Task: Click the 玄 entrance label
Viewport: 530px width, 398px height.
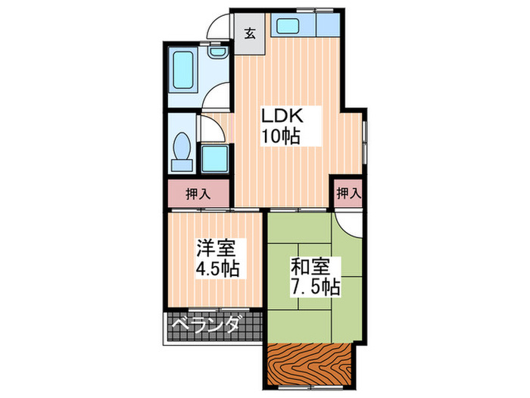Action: click(x=248, y=33)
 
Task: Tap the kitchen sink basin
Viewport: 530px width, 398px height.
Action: click(x=288, y=26)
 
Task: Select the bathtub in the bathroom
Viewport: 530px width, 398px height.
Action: click(x=182, y=71)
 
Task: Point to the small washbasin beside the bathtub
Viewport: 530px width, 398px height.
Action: click(x=217, y=52)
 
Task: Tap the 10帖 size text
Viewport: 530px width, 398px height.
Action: click(x=281, y=136)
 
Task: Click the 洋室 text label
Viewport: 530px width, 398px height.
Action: click(x=216, y=248)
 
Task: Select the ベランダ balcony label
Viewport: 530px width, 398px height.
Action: click(x=205, y=325)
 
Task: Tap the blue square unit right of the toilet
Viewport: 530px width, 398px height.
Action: click(x=217, y=158)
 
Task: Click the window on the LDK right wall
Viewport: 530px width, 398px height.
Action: click(x=363, y=140)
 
